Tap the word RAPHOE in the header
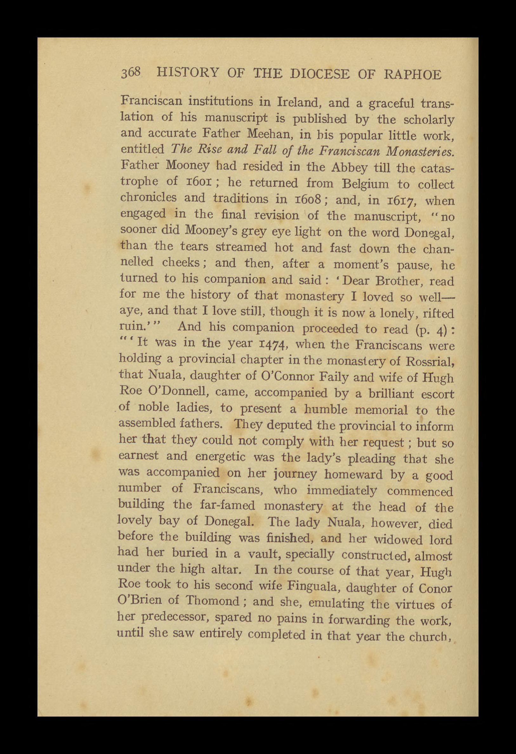click(413, 75)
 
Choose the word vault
click(262, 554)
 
